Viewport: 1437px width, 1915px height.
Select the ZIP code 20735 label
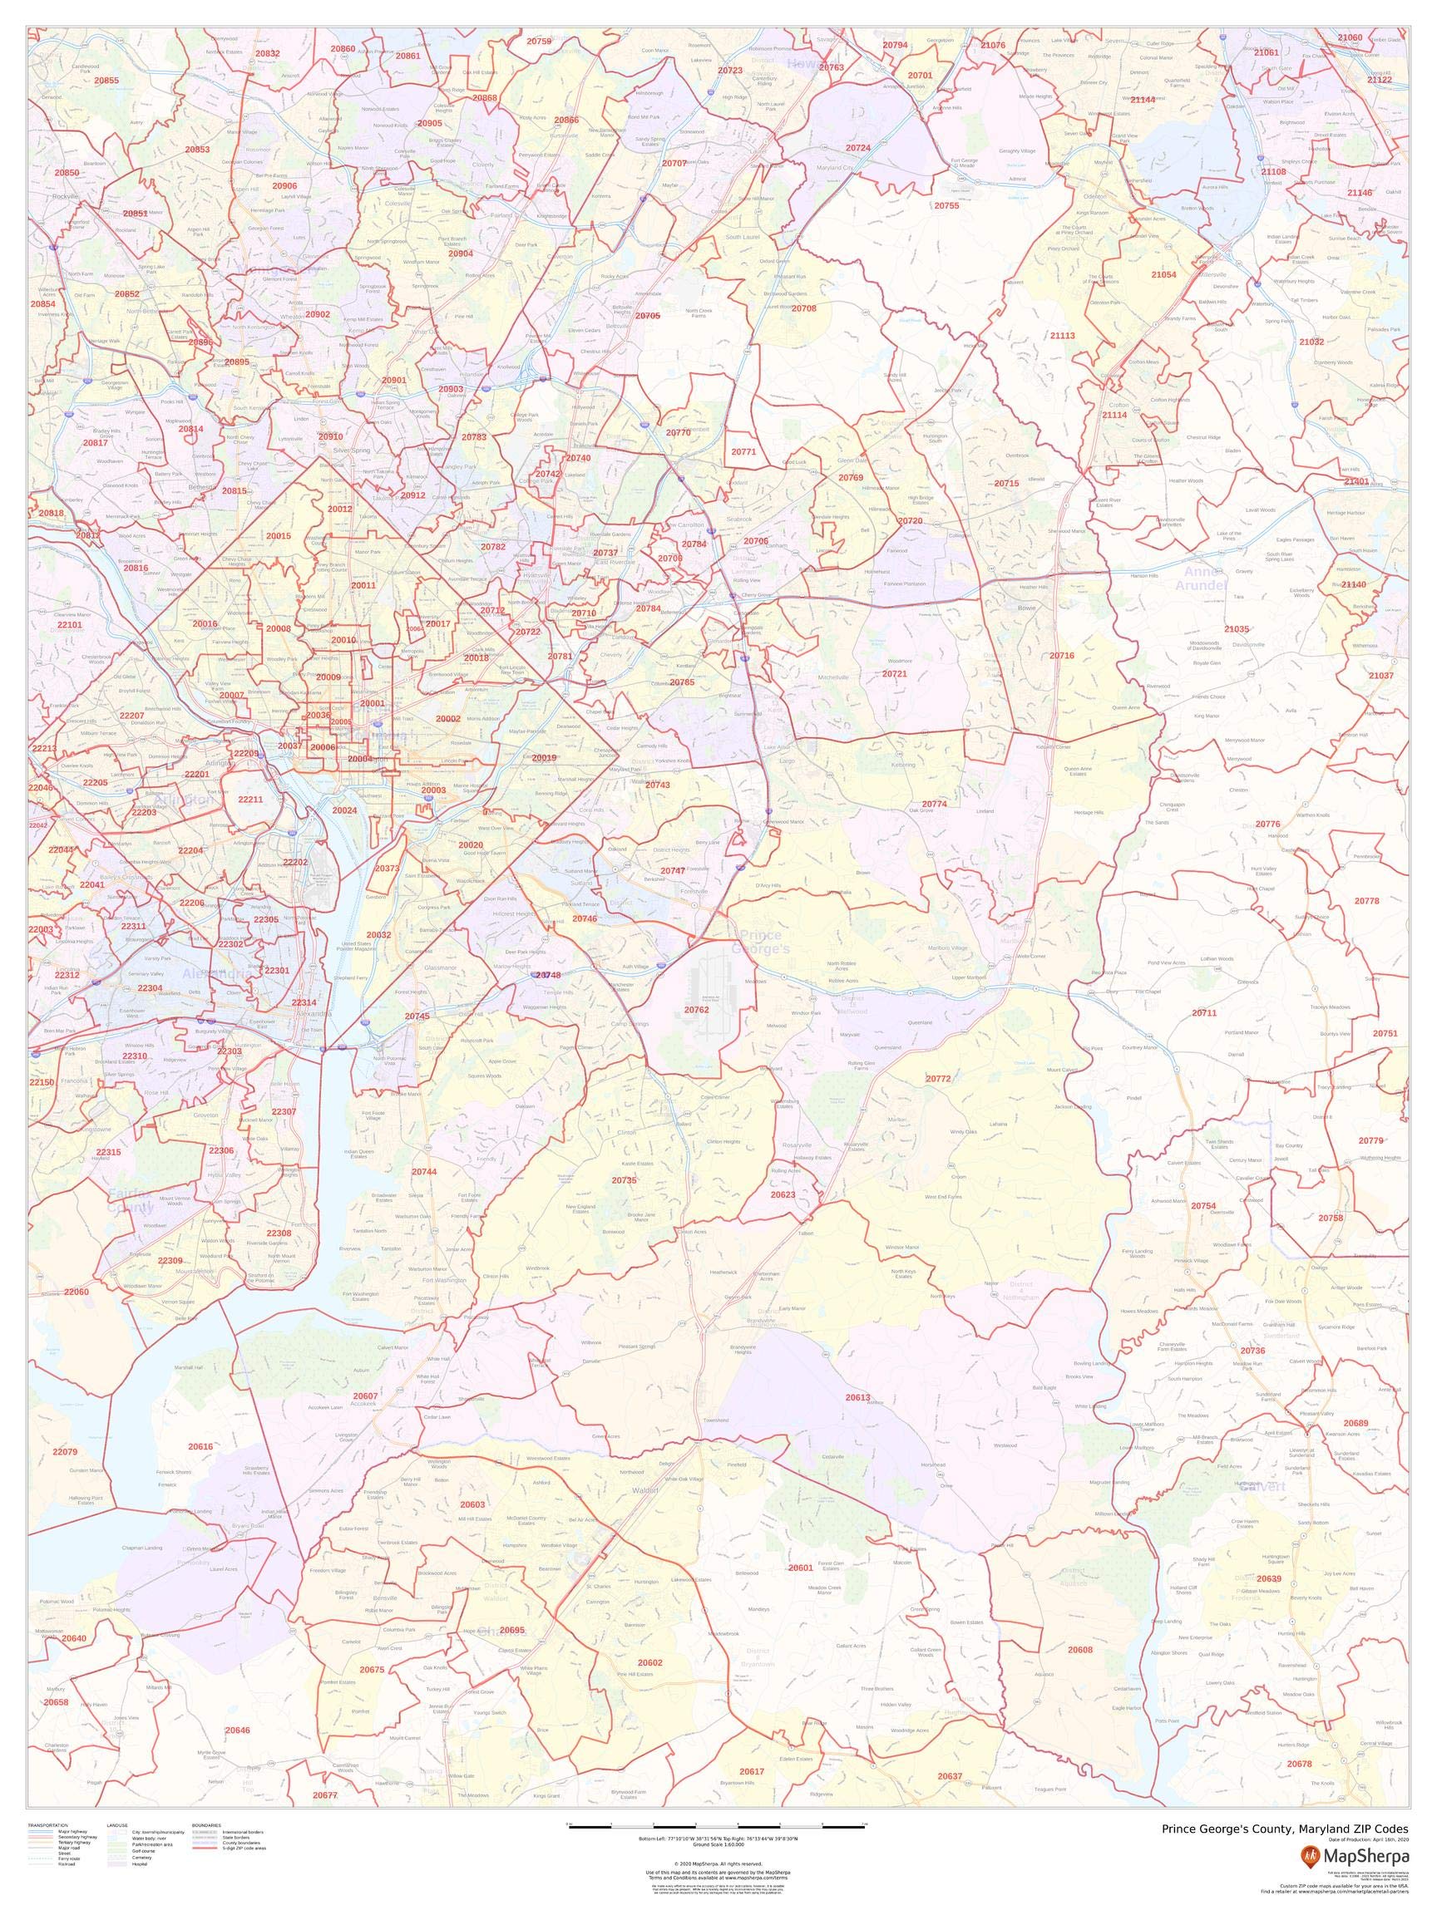click(x=624, y=1180)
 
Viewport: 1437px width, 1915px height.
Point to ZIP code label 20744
click(x=423, y=1171)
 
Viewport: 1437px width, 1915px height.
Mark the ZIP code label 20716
click(x=1061, y=657)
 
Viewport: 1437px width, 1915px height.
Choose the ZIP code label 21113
click(x=1061, y=335)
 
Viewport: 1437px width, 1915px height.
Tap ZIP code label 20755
click(x=946, y=206)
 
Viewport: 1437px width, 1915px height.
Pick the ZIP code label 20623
click(x=783, y=1194)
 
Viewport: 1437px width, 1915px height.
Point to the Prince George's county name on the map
click(x=763, y=942)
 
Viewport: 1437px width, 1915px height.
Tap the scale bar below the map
click(x=717, y=1824)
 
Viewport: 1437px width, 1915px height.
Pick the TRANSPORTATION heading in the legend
click(x=48, y=1825)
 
